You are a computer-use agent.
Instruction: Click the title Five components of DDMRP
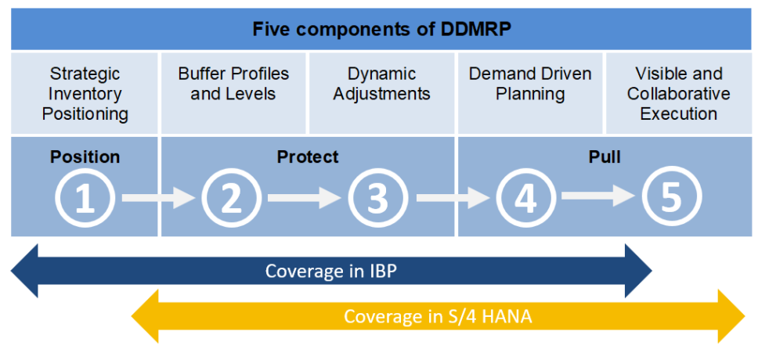[x=381, y=30]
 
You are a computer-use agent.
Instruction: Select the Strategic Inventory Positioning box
[x=85, y=94]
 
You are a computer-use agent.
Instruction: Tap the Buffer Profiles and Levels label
[x=233, y=84]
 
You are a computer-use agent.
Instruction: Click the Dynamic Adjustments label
[x=381, y=84]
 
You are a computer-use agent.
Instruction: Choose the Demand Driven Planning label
[x=530, y=84]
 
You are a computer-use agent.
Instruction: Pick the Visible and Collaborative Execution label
[x=678, y=94]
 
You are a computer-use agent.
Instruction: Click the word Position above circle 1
[x=85, y=157]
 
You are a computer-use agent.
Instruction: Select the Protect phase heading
[x=308, y=157]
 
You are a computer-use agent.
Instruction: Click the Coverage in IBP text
[x=332, y=271]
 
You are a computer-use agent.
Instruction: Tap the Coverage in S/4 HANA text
[x=439, y=317]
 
